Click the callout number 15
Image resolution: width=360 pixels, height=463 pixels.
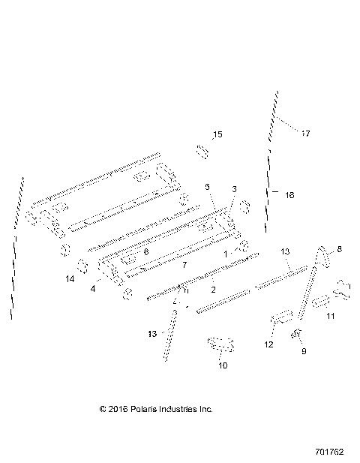(217, 135)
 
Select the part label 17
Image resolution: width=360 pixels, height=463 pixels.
(305, 134)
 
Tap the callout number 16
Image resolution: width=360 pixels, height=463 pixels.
(289, 194)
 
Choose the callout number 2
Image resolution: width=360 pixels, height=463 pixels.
(214, 288)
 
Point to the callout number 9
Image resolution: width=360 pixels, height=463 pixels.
(303, 350)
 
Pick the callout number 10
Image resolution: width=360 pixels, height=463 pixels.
(222, 365)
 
